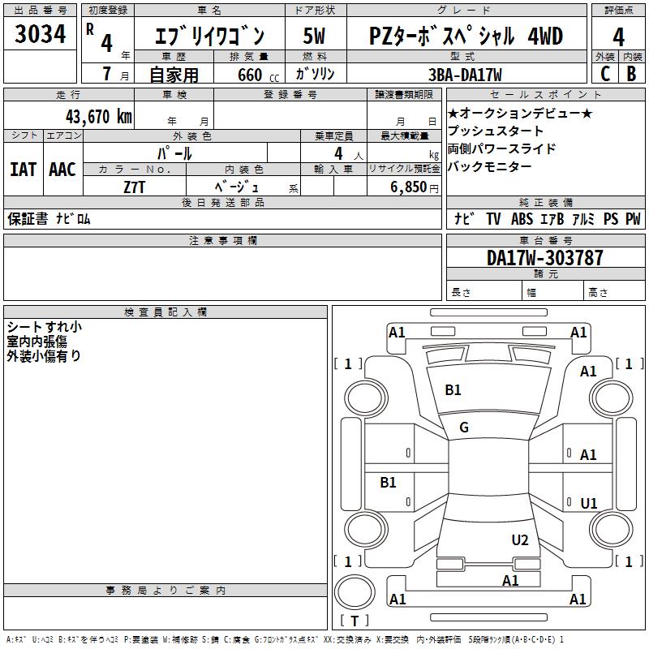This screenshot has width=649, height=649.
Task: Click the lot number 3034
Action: [41, 35]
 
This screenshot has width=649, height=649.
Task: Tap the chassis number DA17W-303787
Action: [545, 258]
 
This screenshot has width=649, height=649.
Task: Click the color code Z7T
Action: [135, 187]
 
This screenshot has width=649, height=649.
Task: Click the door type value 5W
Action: [314, 37]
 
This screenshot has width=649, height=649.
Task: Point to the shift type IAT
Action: [23, 170]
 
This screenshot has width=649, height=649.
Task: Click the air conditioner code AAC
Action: [62, 170]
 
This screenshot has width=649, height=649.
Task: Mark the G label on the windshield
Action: [464, 428]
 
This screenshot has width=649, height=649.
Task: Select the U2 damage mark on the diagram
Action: [520, 540]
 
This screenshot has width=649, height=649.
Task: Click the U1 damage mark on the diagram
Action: [589, 504]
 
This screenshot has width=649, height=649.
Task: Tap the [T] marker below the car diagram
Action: [355, 621]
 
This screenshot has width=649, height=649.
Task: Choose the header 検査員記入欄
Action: [165, 312]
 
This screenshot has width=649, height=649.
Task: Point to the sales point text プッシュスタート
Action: [496, 131]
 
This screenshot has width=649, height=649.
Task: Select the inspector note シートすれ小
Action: [44, 327]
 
